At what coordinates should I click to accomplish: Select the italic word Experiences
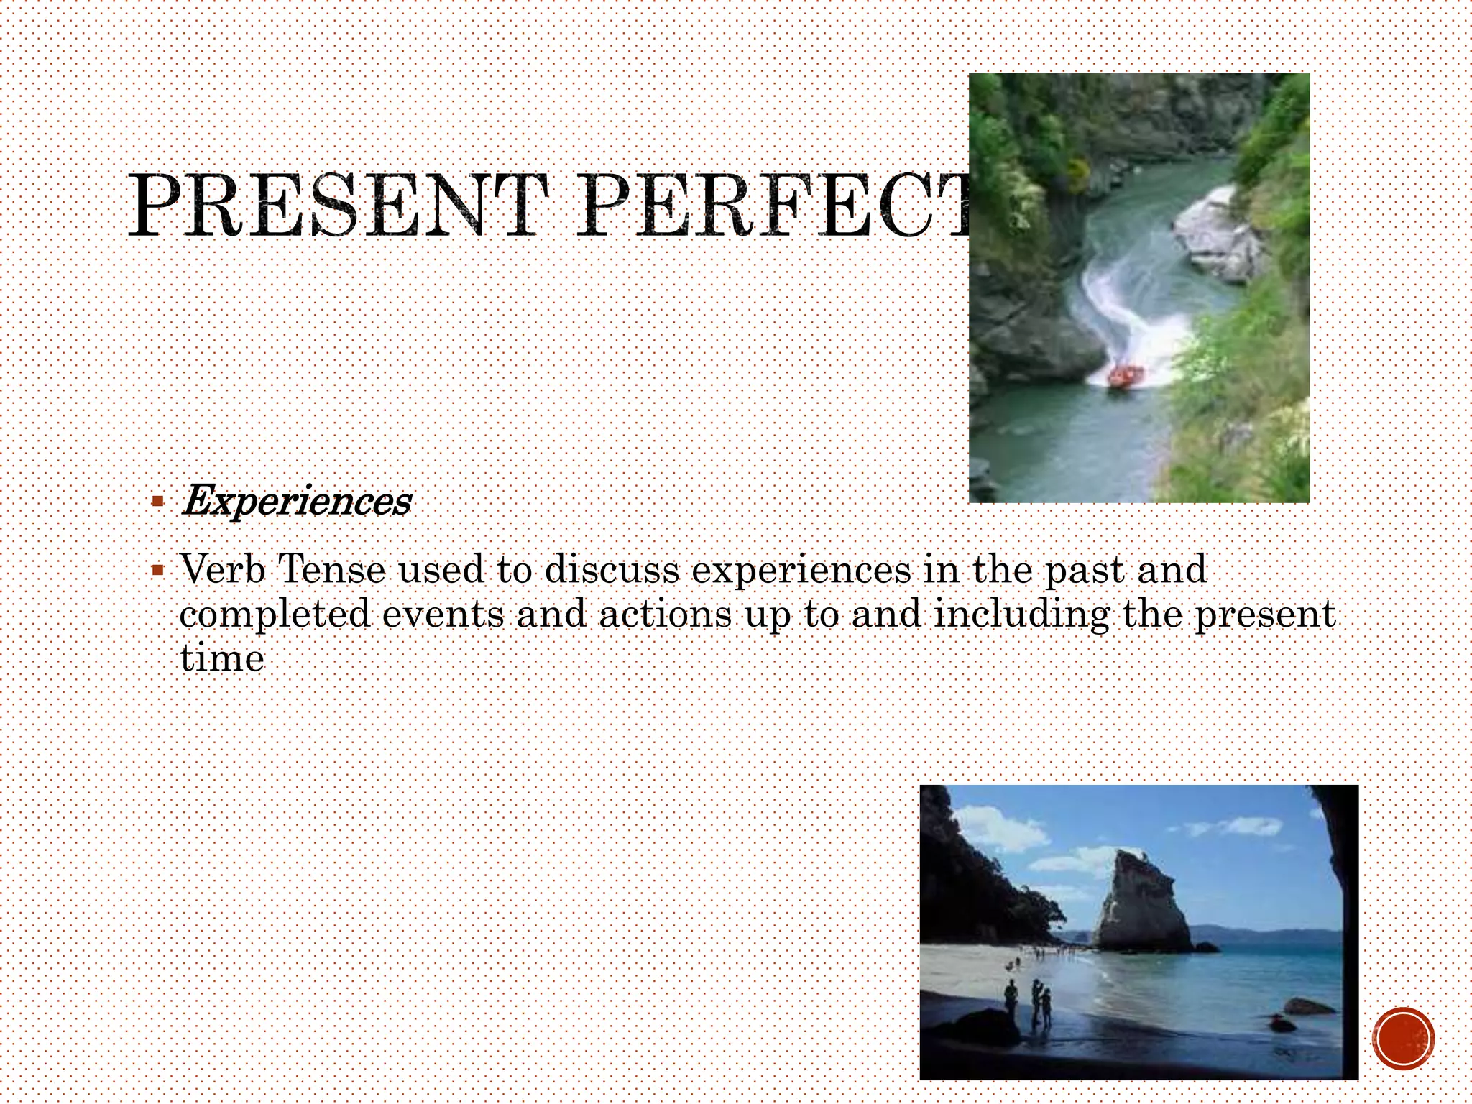pyautogui.click(x=296, y=501)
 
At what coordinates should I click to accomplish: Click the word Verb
pyautogui.click(x=223, y=569)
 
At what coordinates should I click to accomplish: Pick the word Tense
pyautogui.click(x=331, y=569)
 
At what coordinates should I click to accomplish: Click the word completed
pyautogui.click(x=275, y=615)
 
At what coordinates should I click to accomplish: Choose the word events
pyautogui.click(x=443, y=615)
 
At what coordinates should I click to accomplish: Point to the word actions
pyautogui.click(x=665, y=615)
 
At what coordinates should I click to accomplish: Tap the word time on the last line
pyautogui.click(x=221, y=658)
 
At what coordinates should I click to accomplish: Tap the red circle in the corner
pyautogui.click(x=1403, y=1039)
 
